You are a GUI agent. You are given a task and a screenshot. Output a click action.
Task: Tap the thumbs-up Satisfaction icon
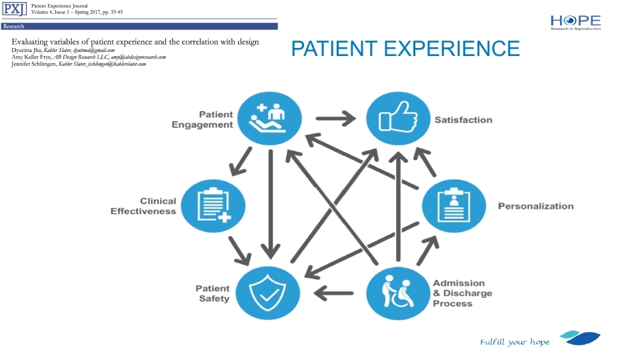click(x=398, y=120)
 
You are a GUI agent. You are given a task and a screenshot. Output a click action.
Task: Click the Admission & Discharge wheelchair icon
click(x=398, y=293)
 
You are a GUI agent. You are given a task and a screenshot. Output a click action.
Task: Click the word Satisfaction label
click(x=463, y=120)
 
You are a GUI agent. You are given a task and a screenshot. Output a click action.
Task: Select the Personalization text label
click(x=535, y=206)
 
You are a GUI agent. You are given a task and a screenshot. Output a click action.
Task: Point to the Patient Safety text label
click(x=212, y=293)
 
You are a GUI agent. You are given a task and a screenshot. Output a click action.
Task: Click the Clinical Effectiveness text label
click(x=143, y=206)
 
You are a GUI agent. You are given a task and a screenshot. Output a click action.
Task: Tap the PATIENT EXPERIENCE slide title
click(x=405, y=49)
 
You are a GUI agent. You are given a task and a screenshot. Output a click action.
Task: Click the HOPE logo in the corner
click(x=575, y=22)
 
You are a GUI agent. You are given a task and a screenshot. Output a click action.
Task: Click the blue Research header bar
click(x=139, y=27)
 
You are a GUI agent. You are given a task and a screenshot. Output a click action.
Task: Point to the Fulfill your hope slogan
click(x=515, y=342)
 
